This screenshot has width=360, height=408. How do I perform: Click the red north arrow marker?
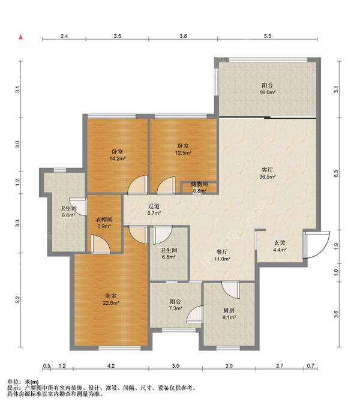[21, 37]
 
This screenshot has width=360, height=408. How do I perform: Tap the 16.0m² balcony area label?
[268, 92]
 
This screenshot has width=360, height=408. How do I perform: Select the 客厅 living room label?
[268, 170]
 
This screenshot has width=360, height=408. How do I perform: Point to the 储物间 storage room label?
[199, 184]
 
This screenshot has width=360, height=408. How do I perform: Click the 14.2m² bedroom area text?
[118, 158]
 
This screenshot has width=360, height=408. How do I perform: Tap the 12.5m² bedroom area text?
[184, 153]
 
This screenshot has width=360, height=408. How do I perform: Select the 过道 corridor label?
[154, 206]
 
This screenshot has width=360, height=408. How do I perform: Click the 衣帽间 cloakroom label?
[104, 220]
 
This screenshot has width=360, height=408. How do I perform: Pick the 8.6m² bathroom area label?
[68, 215]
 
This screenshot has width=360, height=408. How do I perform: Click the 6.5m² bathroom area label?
[169, 257]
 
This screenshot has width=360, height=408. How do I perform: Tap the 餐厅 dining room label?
[222, 252]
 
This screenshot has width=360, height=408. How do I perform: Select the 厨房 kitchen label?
[229, 310]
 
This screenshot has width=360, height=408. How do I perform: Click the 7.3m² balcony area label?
[176, 308]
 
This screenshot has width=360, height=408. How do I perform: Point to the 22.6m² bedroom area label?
[111, 303]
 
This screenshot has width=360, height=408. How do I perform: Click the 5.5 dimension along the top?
[268, 36]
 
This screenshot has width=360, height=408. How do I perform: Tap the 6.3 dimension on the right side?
[336, 173]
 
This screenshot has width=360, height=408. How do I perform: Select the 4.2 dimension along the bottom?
[111, 366]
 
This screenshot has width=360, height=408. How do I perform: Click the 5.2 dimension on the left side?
[17, 300]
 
